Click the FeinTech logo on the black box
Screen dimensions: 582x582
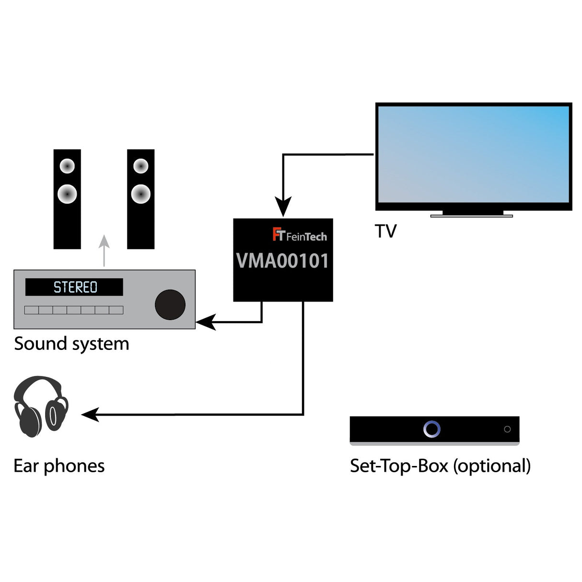(300, 235)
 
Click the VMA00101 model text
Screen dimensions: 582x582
(283, 261)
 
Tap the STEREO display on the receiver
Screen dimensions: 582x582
(74, 287)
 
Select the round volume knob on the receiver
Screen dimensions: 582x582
(170, 304)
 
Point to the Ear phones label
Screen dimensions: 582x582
(59, 466)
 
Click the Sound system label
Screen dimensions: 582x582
(71, 344)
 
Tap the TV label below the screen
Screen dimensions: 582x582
(386, 231)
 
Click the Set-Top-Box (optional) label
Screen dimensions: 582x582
(440, 466)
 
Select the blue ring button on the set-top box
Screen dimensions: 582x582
(431, 429)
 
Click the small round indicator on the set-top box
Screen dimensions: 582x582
(507, 429)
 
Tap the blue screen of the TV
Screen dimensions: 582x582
(473, 154)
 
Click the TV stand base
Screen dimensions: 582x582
(471, 216)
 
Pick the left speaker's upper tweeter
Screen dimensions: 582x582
(67, 166)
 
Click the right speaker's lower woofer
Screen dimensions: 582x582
(141, 194)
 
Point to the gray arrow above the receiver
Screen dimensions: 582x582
(104, 250)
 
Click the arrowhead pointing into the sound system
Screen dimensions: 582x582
(205, 322)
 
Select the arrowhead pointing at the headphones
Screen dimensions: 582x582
(90, 414)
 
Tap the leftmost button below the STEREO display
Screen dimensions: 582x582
(32, 310)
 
